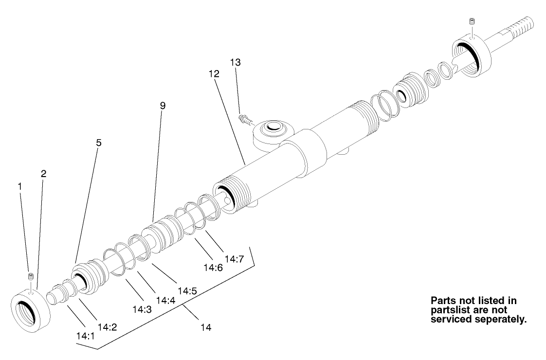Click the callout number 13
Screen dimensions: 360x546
[236, 63]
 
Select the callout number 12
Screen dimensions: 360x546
[215, 74]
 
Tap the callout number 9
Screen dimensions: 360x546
[163, 105]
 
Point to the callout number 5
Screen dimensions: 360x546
[98, 144]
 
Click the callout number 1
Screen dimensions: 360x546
[20, 186]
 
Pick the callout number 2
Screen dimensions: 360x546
[44, 174]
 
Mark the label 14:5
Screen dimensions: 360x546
[187, 291]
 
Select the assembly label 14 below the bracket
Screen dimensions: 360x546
[205, 327]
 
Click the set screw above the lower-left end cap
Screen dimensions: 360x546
[31, 277]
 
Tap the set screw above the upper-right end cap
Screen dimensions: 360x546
[471, 21]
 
